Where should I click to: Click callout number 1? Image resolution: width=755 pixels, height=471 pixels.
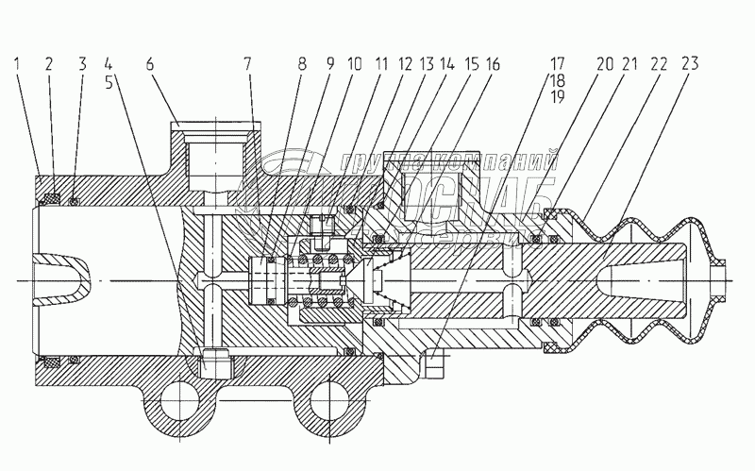pos(18,65)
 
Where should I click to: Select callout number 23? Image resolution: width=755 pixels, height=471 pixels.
pos(691,65)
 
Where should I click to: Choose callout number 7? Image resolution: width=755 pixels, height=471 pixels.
pos(249,65)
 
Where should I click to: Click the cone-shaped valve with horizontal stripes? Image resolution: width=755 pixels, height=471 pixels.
pos(390,280)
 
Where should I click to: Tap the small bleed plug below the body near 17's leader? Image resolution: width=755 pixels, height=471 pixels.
pos(434,363)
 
